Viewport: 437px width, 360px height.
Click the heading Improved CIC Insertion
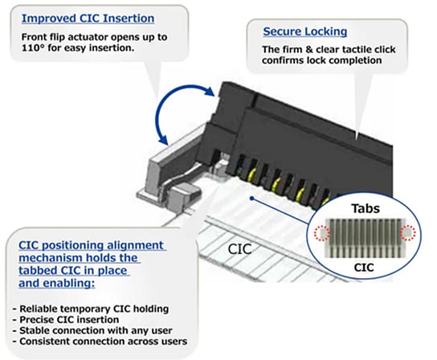coord(88,18)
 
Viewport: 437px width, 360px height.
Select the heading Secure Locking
coord(305,32)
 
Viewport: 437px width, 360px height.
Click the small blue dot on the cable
coord(252,196)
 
